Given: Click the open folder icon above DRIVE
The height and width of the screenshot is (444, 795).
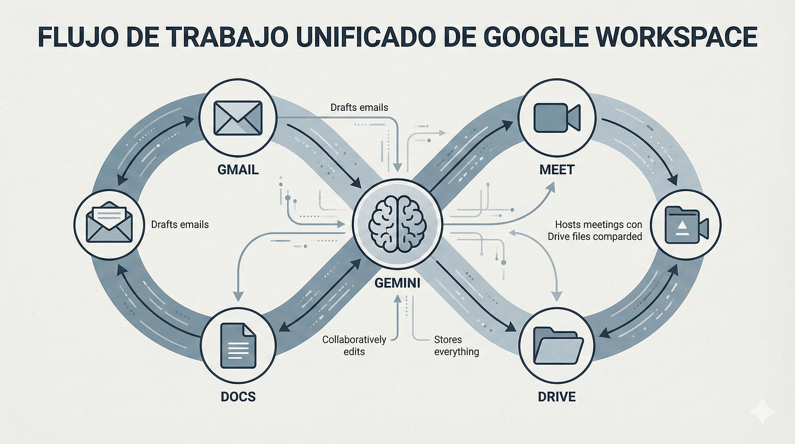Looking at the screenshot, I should pyautogui.click(x=556, y=345).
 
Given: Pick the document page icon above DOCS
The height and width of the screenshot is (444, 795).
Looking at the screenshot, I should pyautogui.click(x=237, y=345).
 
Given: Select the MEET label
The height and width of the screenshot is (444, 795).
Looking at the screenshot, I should pyautogui.click(x=556, y=169).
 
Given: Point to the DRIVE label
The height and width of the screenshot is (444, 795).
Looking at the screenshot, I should pyautogui.click(x=556, y=396).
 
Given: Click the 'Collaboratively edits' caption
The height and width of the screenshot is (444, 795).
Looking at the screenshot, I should pyautogui.click(x=354, y=346).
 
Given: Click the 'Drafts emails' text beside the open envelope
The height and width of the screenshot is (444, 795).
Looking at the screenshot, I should pyautogui.click(x=180, y=224).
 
